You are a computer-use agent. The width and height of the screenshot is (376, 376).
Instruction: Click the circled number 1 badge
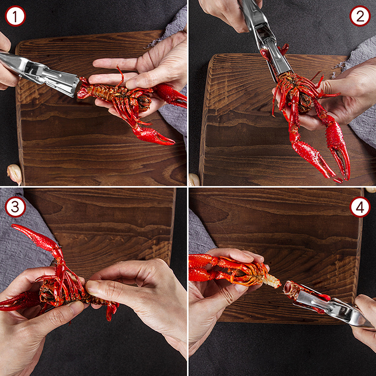[15, 16]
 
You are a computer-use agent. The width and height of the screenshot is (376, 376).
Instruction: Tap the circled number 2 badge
[360, 16]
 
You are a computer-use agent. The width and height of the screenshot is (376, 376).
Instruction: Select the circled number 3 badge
[15, 207]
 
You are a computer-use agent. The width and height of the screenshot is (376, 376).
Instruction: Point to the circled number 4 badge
[360, 207]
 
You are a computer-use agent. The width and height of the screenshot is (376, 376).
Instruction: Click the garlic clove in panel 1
[15, 174]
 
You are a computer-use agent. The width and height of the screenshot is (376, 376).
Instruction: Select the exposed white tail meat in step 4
[272, 281]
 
